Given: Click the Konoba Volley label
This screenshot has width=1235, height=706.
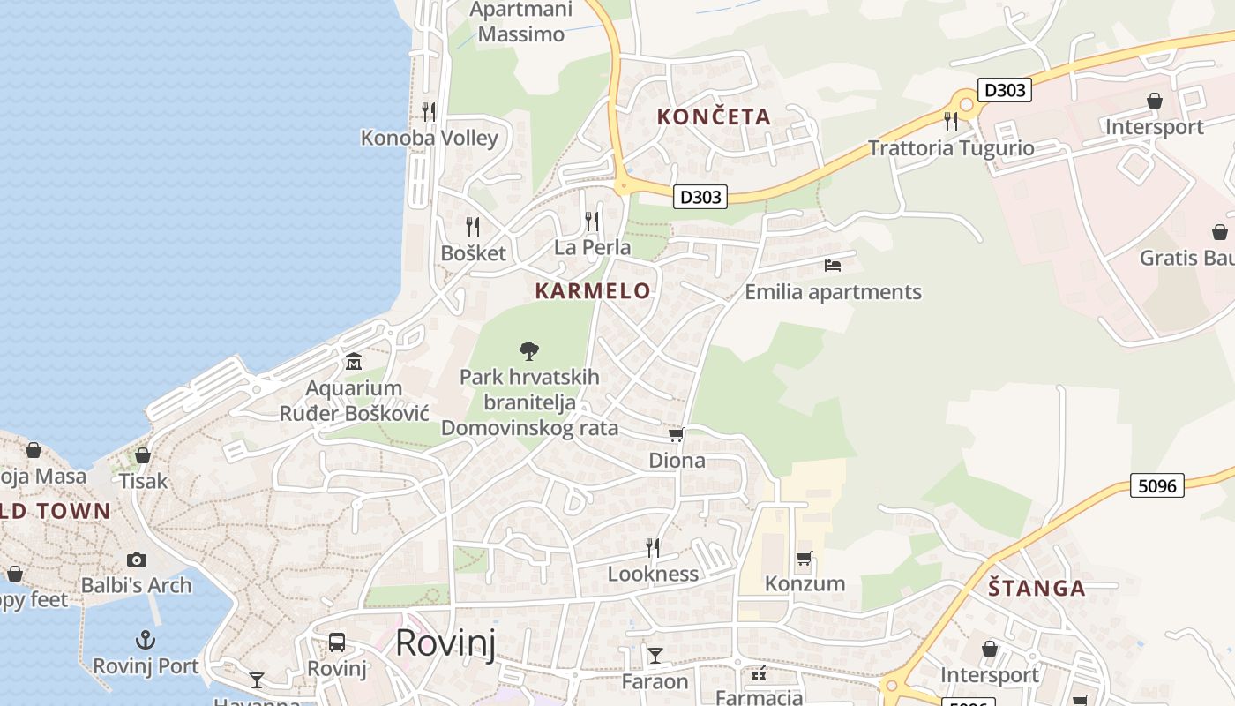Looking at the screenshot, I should (x=430, y=138).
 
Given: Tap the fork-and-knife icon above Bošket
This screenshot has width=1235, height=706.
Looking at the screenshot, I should (x=473, y=227).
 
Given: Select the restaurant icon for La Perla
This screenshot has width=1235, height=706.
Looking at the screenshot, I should (x=592, y=221).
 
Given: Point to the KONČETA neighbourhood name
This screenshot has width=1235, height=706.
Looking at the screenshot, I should (x=714, y=116).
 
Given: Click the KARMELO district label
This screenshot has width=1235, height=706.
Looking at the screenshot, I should (x=593, y=290).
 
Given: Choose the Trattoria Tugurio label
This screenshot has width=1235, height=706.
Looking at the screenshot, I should (x=951, y=147).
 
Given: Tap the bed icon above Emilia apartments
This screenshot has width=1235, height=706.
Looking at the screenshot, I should (x=833, y=265).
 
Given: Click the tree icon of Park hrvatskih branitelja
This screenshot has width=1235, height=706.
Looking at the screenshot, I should (x=529, y=351).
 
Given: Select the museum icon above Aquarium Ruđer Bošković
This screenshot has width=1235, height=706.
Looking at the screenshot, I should (x=354, y=362).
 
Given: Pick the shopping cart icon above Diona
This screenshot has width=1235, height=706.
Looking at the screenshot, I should (x=677, y=434).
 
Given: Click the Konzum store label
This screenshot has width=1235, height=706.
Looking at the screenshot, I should (x=805, y=583).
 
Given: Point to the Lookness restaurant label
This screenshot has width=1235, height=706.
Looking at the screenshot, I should (x=653, y=574).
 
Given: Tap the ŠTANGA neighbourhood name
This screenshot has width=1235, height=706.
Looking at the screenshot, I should (x=1037, y=588).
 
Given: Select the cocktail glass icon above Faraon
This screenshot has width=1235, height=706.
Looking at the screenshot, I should (x=655, y=655).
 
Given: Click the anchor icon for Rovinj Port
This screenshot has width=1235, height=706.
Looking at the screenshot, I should (x=146, y=640).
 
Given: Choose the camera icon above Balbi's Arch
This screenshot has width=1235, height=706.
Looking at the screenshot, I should (x=136, y=560).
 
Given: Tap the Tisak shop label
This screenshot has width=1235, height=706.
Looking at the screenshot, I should (x=143, y=481).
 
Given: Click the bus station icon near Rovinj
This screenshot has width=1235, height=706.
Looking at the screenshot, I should (x=337, y=642).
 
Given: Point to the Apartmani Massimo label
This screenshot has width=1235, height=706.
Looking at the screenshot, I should (x=521, y=22).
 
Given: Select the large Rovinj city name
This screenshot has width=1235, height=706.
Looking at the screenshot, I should (x=445, y=642).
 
